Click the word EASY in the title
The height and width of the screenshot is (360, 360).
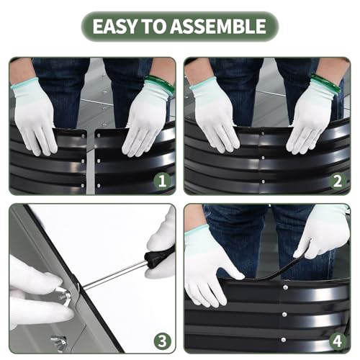click(114, 26)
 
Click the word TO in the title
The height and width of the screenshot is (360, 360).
click(153, 26)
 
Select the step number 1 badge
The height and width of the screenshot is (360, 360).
click(163, 181)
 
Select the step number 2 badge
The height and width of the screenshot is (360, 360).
click(338, 181)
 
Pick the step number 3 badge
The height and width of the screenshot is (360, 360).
click(163, 341)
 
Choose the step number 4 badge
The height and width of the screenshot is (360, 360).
click(338, 341)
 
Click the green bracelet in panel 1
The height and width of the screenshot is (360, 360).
click(161, 84)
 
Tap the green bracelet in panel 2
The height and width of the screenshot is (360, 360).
click(327, 83)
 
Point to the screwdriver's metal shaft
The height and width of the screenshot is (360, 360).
click(114, 274)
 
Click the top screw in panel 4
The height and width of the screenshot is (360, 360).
click(285, 287)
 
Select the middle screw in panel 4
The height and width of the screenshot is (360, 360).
click(284, 314)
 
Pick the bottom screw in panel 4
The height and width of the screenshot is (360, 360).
click(284, 340)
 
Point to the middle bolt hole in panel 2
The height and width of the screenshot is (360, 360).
click(264, 158)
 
